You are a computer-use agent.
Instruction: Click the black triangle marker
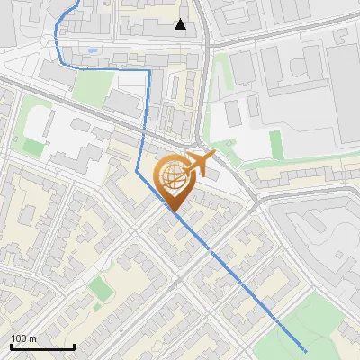pyautogui.click(x=181, y=24)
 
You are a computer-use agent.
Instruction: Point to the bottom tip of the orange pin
pyautogui.click(x=173, y=212)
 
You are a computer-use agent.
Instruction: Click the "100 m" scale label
pyautogui.click(x=23, y=338)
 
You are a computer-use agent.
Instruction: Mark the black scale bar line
pyautogui.click(x=42, y=346)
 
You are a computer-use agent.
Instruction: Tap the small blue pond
pyautogui.click(x=92, y=50)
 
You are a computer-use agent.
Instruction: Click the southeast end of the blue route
pyautogui.click(x=305, y=351)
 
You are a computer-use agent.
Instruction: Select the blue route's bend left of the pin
pyautogui.click(x=137, y=170)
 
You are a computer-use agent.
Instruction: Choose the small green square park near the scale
pyautogui.click(x=99, y=288)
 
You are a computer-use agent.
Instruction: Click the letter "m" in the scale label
pyautogui.click(x=32, y=338)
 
